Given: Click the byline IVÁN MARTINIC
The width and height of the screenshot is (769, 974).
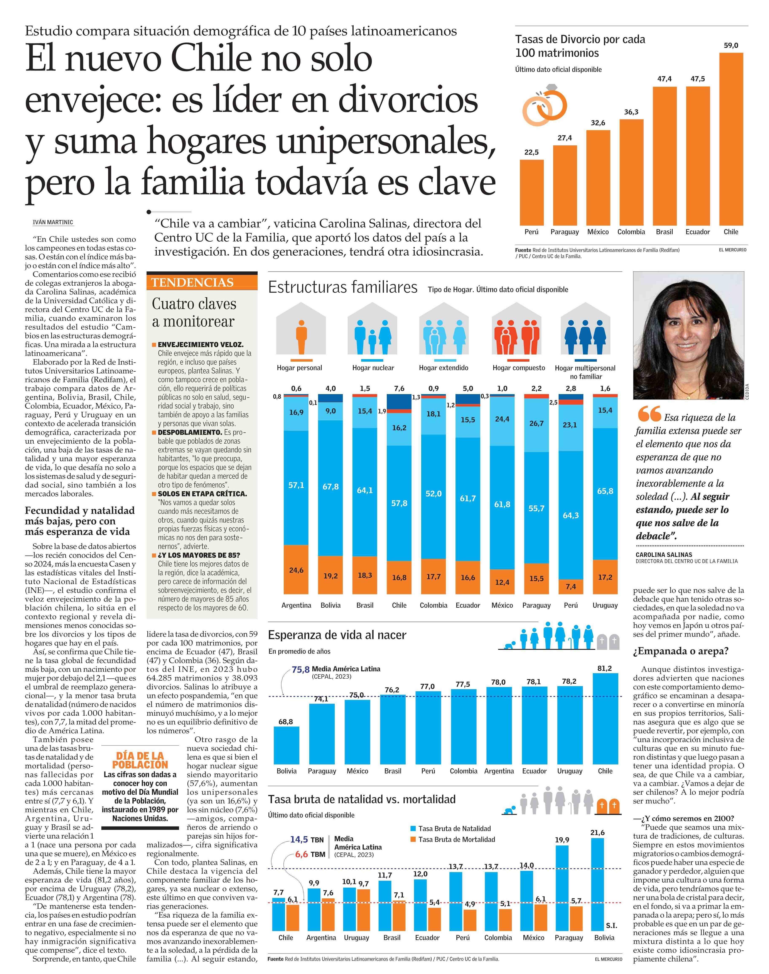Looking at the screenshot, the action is tap(53, 222).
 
